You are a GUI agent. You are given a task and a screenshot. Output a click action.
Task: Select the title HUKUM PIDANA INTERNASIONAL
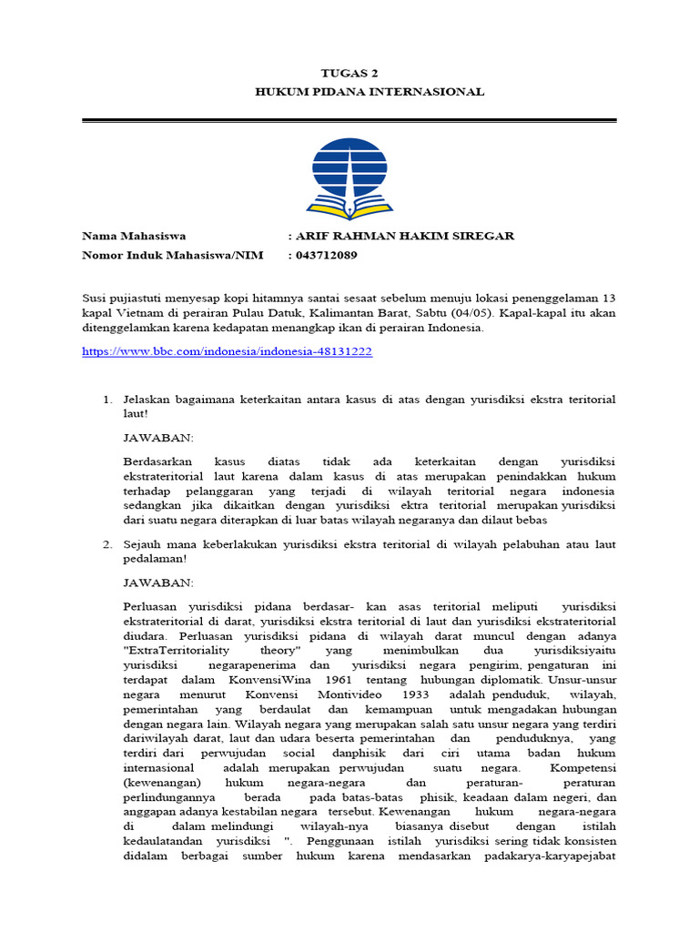370,92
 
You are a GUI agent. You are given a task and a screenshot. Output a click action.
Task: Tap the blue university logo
349,177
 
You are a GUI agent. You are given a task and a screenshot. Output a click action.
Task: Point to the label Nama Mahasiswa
134,236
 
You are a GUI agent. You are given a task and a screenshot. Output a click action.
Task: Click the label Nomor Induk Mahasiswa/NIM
172,256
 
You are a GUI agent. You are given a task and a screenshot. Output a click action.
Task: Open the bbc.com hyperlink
227,351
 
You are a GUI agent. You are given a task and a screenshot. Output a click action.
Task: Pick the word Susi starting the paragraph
94,299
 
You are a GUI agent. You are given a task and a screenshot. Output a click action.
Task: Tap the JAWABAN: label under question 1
157,438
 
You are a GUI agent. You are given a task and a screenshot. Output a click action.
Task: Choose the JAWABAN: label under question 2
157,582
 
